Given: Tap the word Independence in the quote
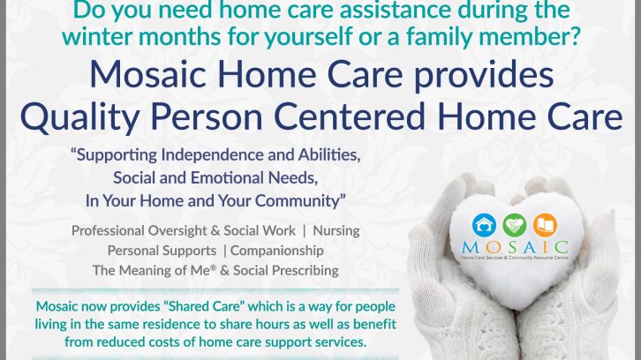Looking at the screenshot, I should click(210, 155).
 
